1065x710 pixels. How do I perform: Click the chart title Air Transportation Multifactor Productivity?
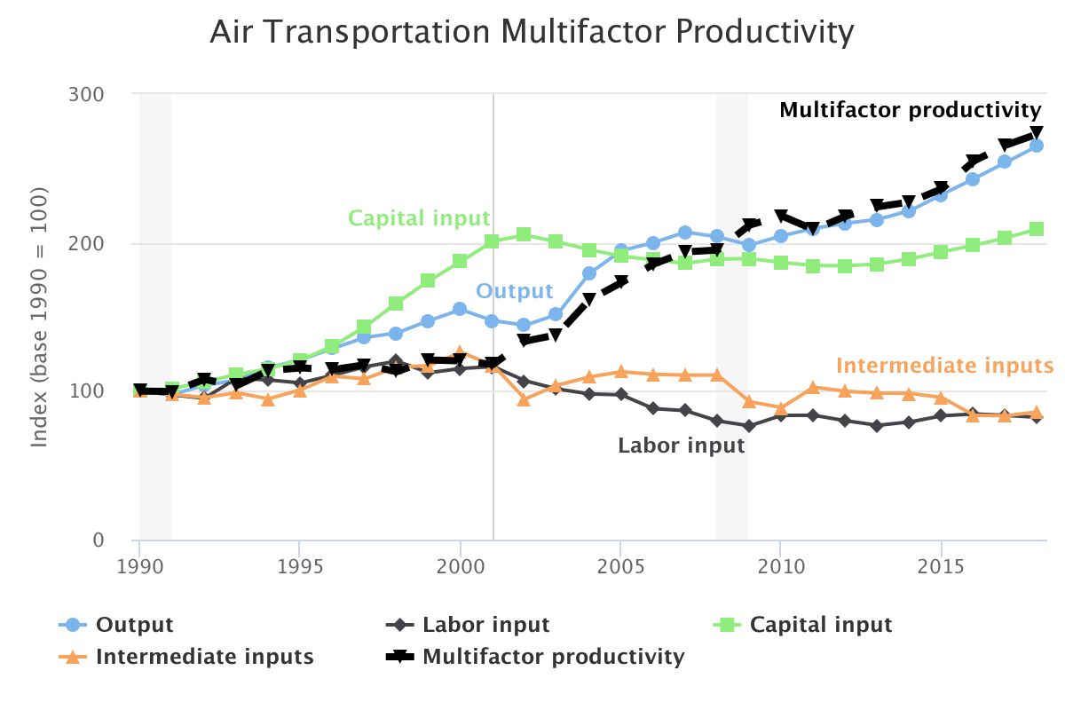pos(532,33)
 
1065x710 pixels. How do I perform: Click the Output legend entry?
pos(134,625)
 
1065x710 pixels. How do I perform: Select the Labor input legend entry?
pos(485,625)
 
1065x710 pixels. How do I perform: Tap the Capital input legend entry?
pos(820,625)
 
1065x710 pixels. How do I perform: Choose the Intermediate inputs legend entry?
pos(204,657)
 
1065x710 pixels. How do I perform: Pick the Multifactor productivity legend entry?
pos(553,657)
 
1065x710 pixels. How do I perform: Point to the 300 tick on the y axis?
pos(86,94)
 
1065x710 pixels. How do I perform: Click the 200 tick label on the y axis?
pos(86,244)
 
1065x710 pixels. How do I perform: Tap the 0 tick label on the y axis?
pos(98,540)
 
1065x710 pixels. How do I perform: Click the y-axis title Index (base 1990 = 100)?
pos(40,317)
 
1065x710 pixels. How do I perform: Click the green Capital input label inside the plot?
pos(419,218)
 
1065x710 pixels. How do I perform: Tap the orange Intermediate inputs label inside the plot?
pos(944,366)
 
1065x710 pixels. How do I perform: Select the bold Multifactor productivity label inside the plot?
pos(910,110)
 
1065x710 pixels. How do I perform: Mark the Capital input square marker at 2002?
pos(524,234)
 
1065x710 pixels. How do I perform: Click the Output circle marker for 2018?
pos(1036,146)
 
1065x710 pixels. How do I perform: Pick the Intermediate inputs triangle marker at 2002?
pos(524,399)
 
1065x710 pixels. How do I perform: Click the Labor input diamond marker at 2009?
pos(749,426)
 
